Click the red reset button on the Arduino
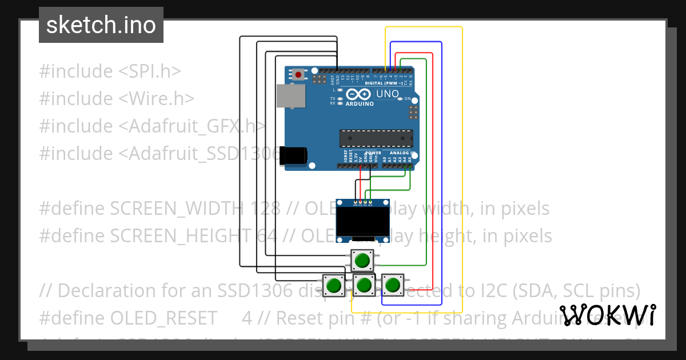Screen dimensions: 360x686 [x=298, y=74]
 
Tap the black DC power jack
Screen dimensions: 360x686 [x=294, y=156]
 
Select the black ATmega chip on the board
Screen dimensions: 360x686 [x=376, y=138]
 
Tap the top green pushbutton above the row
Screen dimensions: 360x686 [x=362, y=261]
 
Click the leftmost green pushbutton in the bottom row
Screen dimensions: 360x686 [x=334, y=285]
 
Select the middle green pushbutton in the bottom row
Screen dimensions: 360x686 [x=362, y=284]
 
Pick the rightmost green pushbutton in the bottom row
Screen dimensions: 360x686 [x=392, y=284]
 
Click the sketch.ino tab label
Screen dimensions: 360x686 [x=101, y=25]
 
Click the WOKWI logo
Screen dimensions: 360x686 [x=607, y=315]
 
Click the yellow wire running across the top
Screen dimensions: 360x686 [x=423, y=27]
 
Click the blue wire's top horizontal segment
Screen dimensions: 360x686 [x=416, y=42]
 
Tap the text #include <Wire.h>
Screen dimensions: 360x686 [x=117, y=98]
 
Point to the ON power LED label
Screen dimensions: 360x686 [x=408, y=99]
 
